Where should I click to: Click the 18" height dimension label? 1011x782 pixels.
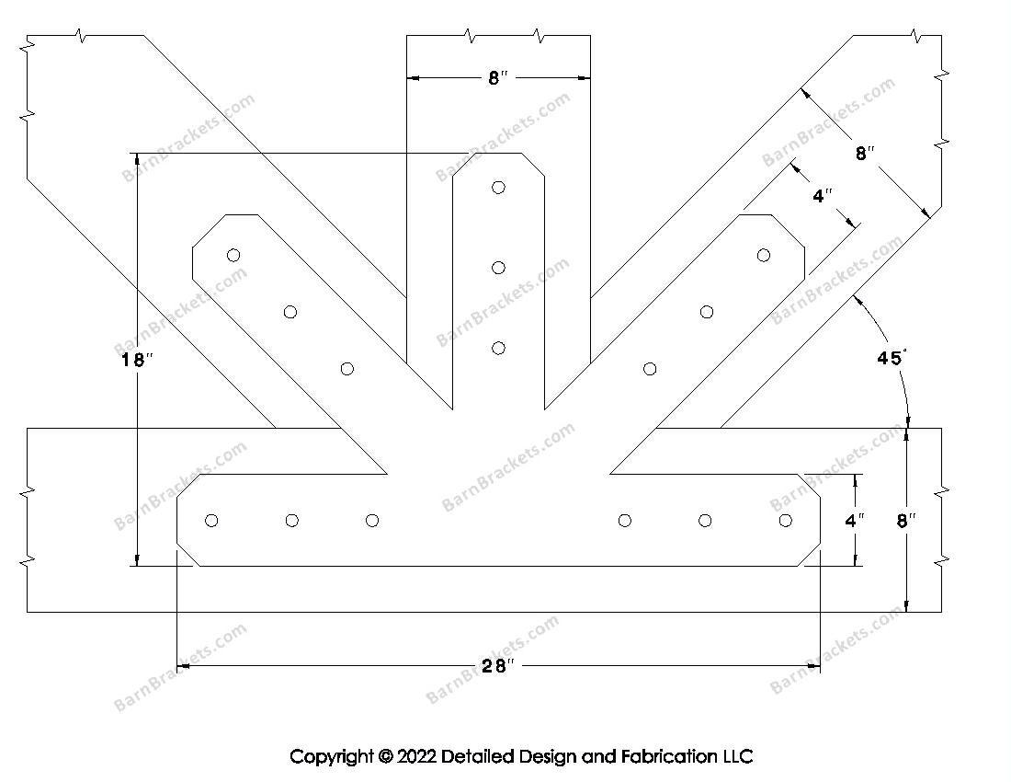click(x=135, y=360)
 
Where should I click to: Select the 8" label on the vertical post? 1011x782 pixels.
click(x=497, y=79)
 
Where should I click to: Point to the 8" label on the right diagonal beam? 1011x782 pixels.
click(x=862, y=154)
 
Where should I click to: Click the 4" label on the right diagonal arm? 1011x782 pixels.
click(x=823, y=196)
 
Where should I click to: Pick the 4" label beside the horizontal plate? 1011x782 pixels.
click(x=855, y=521)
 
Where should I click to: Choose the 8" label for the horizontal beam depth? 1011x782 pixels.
click(x=906, y=521)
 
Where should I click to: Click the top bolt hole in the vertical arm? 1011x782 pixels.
click(x=498, y=188)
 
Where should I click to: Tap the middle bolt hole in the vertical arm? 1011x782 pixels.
click(x=498, y=268)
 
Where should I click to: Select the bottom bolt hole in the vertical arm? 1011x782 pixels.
click(x=498, y=348)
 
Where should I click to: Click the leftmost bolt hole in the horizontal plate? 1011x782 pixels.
click(x=211, y=521)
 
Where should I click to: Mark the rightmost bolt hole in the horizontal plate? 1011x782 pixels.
click(x=785, y=521)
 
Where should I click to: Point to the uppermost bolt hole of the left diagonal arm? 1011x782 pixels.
click(x=233, y=255)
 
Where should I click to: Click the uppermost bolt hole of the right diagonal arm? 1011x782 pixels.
click(x=763, y=255)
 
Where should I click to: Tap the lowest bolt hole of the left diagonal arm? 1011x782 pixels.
click(x=346, y=369)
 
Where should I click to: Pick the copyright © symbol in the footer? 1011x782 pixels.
click(x=385, y=756)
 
